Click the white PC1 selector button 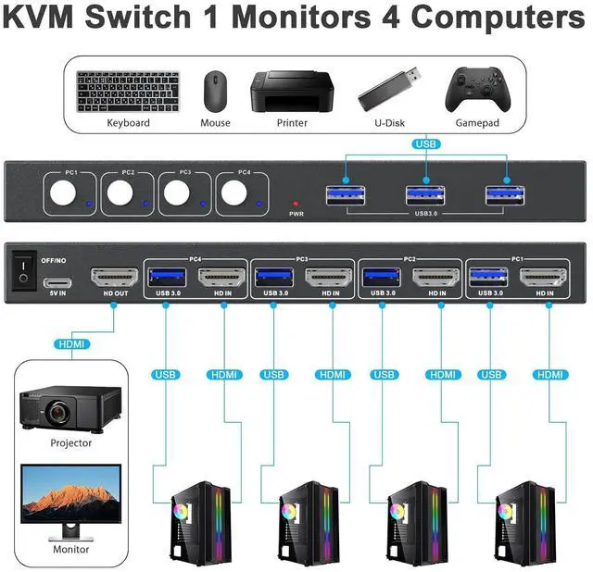(x=63, y=193)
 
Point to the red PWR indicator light (x=296, y=204)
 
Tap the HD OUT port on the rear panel (x=115, y=278)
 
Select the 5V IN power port (x=57, y=282)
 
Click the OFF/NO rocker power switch (x=23, y=270)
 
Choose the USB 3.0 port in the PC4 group (x=167, y=278)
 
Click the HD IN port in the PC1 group (x=543, y=278)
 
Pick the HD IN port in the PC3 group (x=329, y=278)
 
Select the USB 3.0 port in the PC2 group (x=382, y=278)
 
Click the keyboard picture (x=128, y=92)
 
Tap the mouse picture (x=215, y=92)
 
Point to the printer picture (x=292, y=92)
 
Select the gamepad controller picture (x=478, y=90)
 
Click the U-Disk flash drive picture (x=389, y=89)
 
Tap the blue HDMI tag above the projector (x=72, y=344)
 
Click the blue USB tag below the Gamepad (x=426, y=144)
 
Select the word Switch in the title (x=138, y=17)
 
